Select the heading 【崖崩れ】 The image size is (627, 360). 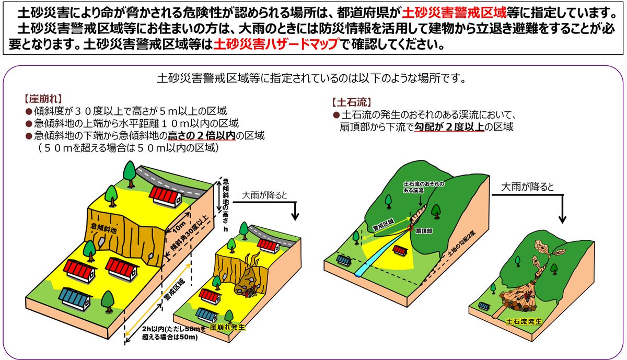(x=43, y=98)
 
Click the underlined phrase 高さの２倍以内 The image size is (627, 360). (x=201, y=136)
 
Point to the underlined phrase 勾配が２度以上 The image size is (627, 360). (x=449, y=126)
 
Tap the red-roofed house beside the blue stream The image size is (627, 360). (x=401, y=252)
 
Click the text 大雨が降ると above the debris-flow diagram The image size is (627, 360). (x=527, y=187)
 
